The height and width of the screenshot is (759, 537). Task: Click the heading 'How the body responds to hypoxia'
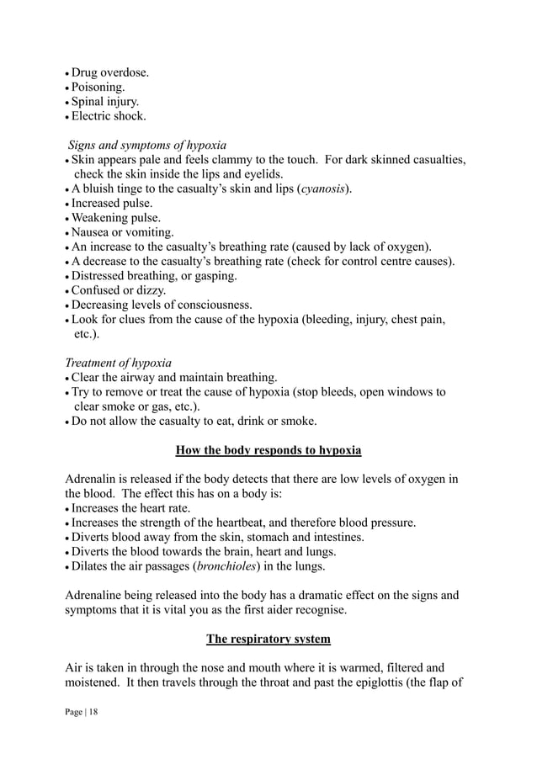pos(268,450)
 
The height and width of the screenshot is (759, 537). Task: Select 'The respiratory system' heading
pos(268,639)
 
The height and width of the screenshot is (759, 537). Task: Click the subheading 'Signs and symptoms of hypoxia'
pos(147,145)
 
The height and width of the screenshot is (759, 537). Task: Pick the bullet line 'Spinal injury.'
pos(105,102)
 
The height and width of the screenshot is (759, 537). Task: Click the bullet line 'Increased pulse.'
pos(111,204)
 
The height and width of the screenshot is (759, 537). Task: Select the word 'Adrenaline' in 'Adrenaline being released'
pos(96,596)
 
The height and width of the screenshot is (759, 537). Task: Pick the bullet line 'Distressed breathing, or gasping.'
pos(154,276)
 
